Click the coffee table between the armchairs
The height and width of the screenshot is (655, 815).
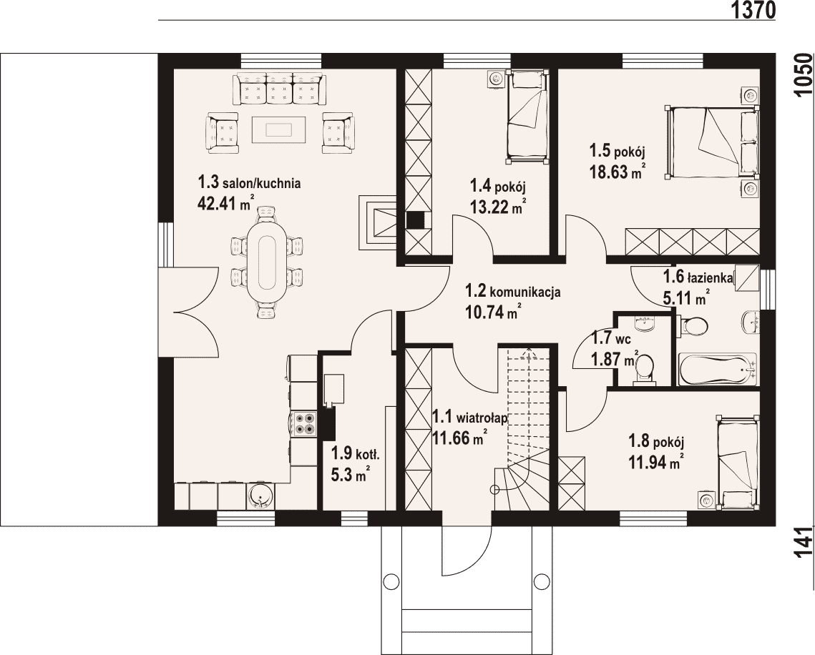[x=280, y=129]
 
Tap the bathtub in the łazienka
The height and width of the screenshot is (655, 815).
[x=717, y=369]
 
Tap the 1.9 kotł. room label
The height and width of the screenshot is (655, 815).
[x=356, y=455]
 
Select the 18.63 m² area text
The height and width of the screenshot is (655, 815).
[x=618, y=172]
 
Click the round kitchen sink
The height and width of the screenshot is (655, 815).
[x=259, y=496]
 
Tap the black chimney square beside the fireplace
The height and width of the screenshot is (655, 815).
[x=415, y=220]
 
